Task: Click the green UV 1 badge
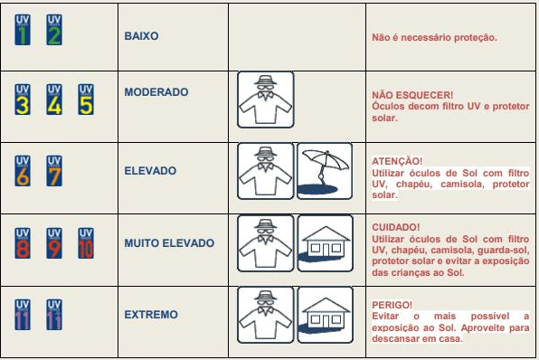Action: [x=23, y=30]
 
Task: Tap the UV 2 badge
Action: [x=54, y=30]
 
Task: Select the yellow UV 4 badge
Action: [x=54, y=99]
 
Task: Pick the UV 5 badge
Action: [x=86, y=99]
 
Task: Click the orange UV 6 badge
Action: [x=23, y=171]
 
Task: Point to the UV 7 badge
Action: [x=54, y=171]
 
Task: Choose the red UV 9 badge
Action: [x=54, y=243]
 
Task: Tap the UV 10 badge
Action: [x=86, y=243]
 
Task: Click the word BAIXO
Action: [x=141, y=36]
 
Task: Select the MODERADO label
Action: [x=156, y=92]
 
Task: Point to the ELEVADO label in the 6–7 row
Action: [x=150, y=171]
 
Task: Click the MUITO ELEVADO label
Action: [x=169, y=243]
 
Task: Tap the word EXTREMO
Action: [x=151, y=315]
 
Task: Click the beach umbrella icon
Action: [x=325, y=171]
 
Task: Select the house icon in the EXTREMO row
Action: [x=326, y=315]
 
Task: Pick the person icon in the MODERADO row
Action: [x=266, y=99]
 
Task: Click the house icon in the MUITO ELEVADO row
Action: [x=326, y=243]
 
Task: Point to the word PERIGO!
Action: [x=392, y=305]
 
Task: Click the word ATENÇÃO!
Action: [x=397, y=161]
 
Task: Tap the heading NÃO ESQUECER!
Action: [x=412, y=95]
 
